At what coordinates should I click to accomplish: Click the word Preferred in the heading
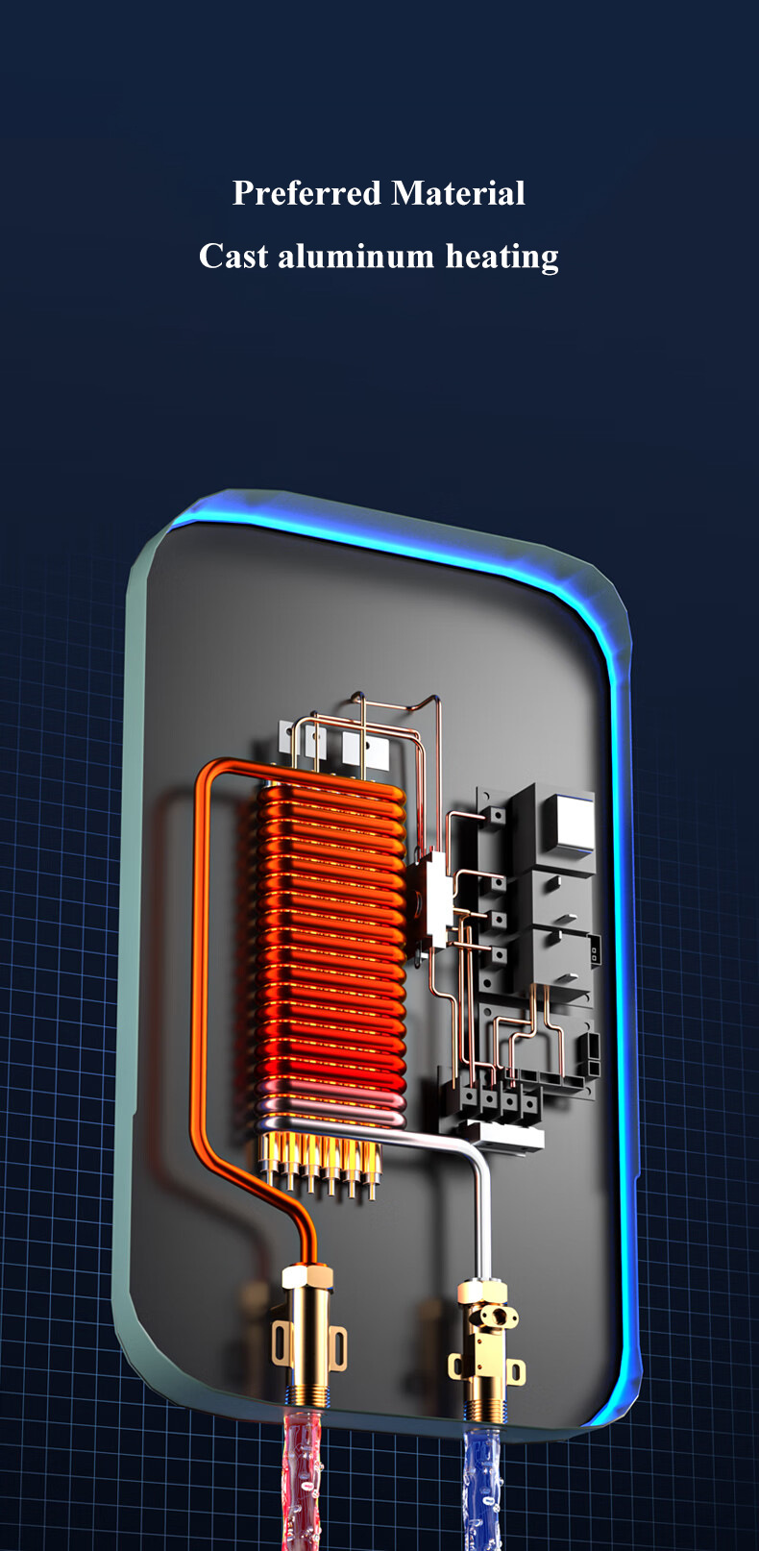click(x=306, y=193)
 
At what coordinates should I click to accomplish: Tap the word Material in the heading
click(x=458, y=192)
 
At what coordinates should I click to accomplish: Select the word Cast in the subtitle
click(x=233, y=257)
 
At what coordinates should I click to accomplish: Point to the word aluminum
click(x=355, y=257)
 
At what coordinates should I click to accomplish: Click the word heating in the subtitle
click(x=502, y=258)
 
